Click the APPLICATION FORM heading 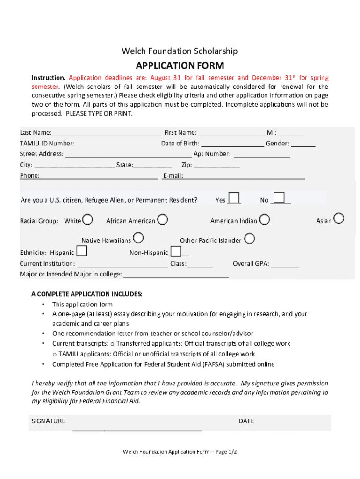pos(180,65)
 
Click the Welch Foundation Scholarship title pos(180,51)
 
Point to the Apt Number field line pos(262,155)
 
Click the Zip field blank pos(216,166)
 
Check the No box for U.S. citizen pos(279,198)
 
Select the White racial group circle pos(87,219)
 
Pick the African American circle pos(162,219)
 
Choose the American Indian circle pos(264,219)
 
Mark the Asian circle pos(338,218)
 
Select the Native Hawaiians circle pos(138,239)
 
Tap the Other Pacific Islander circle pos(250,239)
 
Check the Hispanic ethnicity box pos(81,252)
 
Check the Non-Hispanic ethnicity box pos(176,252)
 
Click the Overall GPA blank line pos(285,265)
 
